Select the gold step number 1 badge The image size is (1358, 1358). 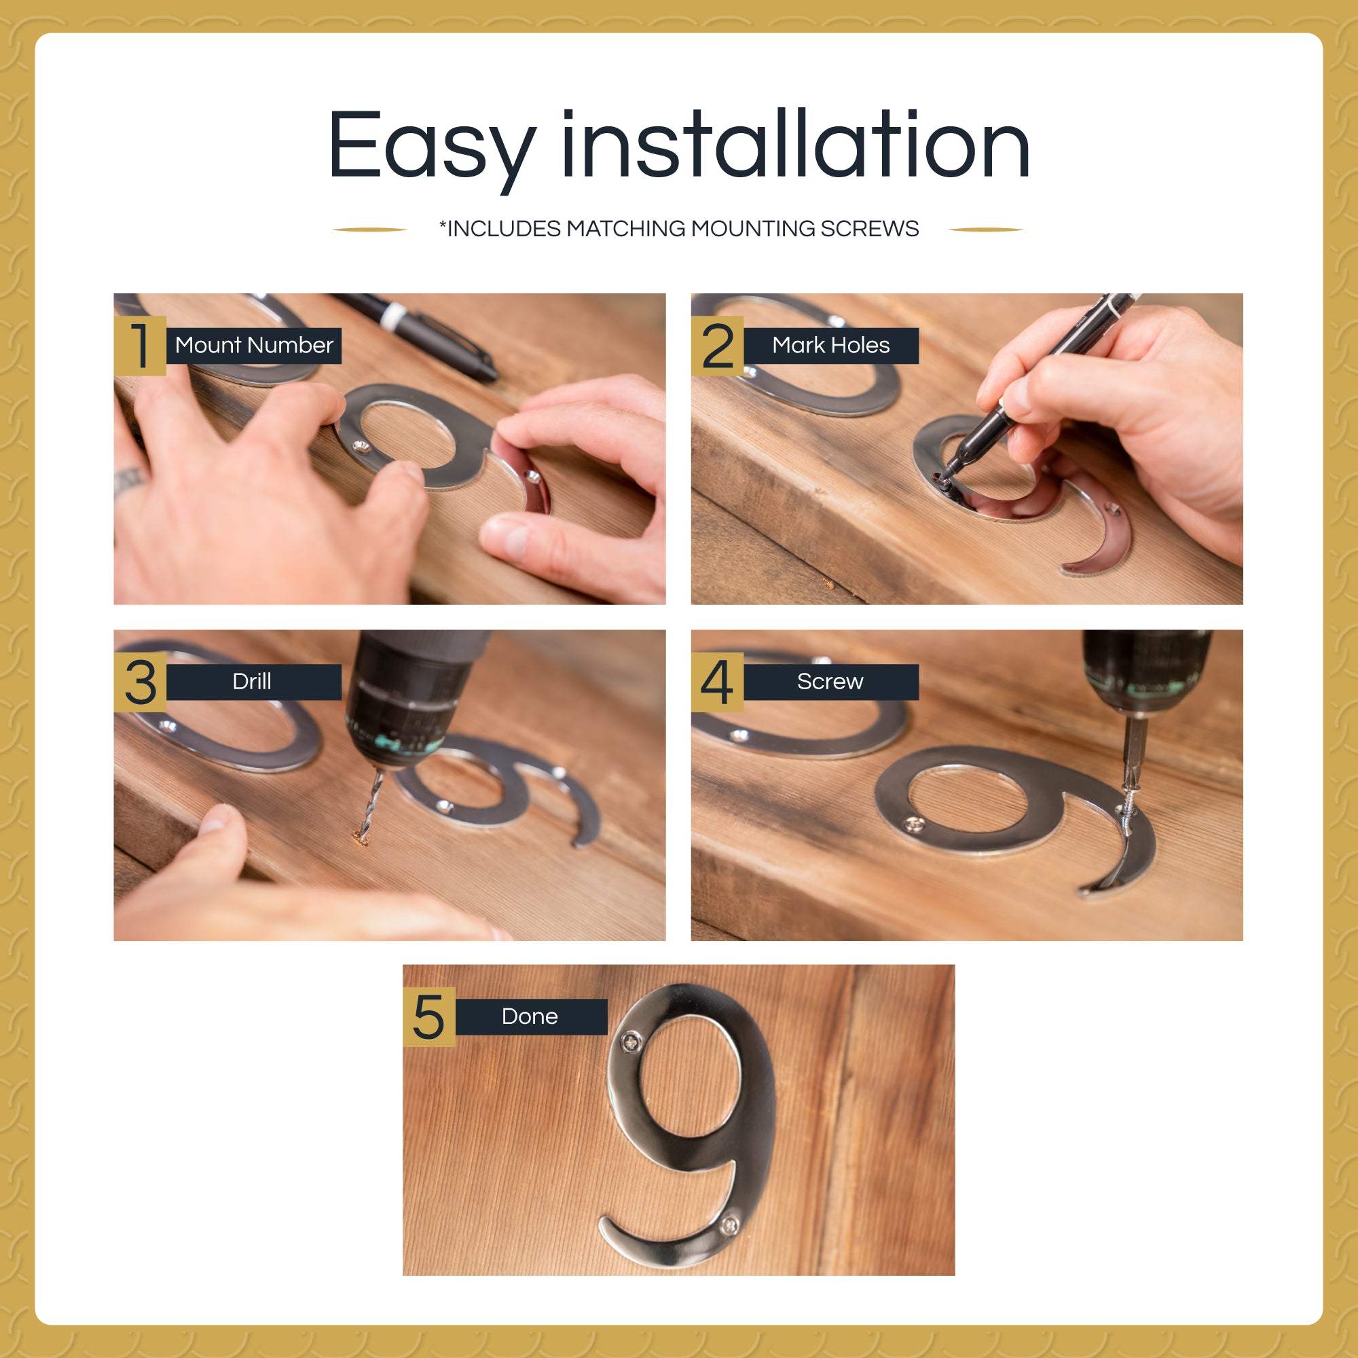coord(140,346)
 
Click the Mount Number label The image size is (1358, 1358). coord(254,345)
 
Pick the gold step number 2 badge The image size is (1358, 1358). coord(717,346)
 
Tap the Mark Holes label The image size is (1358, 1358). coord(831,345)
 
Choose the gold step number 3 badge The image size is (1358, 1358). coord(140,682)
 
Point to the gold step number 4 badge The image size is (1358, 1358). coord(717,682)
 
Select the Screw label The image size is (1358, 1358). coord(831,682)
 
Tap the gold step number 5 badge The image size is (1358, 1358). coord(428,1017)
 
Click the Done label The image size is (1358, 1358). coord(531,1016)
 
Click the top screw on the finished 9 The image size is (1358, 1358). coord(631,1042)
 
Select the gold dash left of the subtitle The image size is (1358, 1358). coord(370,229)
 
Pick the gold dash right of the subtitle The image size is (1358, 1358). coord(985,229)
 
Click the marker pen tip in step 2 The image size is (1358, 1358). coord(942,480)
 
